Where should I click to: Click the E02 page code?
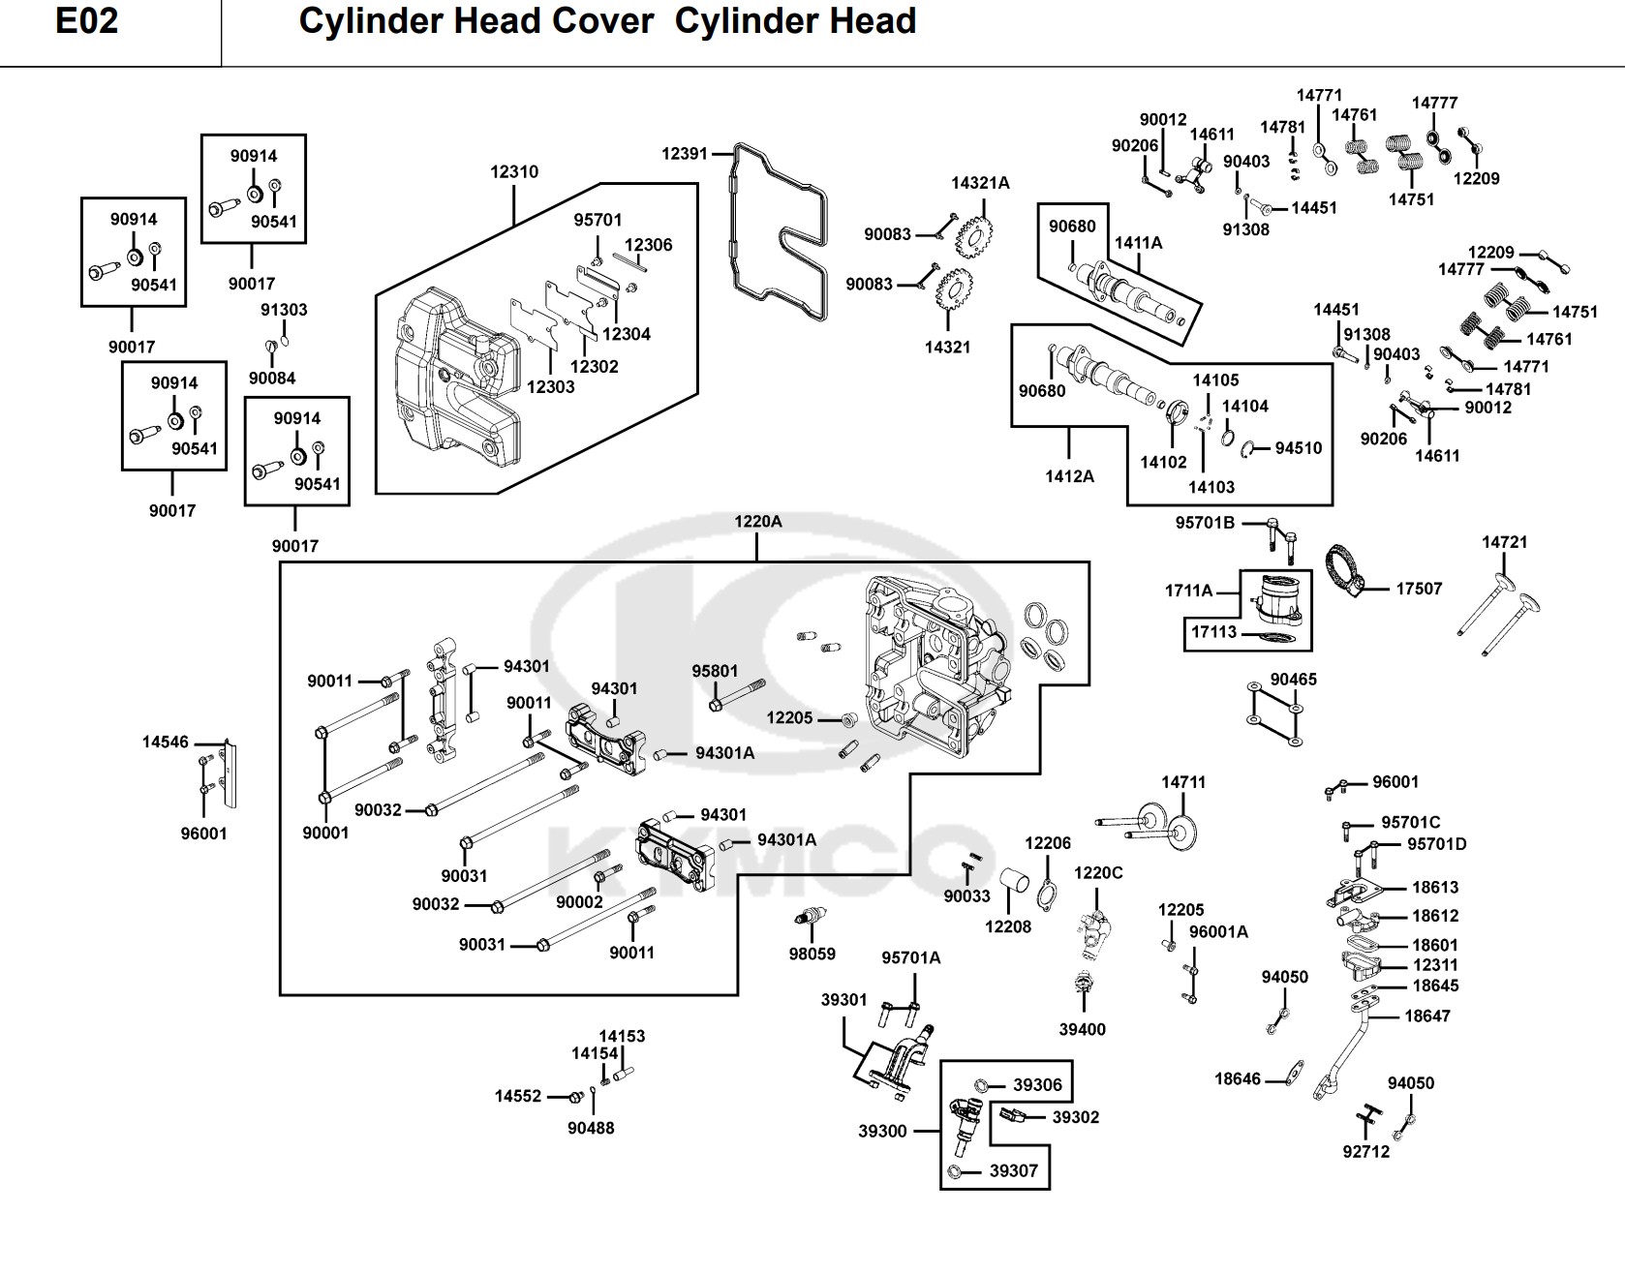click(x=86, y=21)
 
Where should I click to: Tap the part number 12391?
click(x=685, y=153)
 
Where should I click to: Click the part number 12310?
click(x=514, y=171)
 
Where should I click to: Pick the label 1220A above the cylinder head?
click(x=757, y=522)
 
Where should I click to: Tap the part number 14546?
click(x=166, y=743)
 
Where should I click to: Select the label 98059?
click(x=812, y=954)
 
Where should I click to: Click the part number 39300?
click(x=882, y=1131)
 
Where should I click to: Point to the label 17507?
click(x=1419, y=589)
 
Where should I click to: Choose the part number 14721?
click(x=1504, y=542)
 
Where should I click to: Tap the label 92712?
click(x=1365, y=1151)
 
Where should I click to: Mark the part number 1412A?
click(x=1069, y=476)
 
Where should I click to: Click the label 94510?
click(x=1298, y=448)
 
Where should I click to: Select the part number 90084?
click(x=272, y=379)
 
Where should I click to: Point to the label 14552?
click(x=518, y=1097)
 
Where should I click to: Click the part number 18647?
click(x=1427, y=1016)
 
